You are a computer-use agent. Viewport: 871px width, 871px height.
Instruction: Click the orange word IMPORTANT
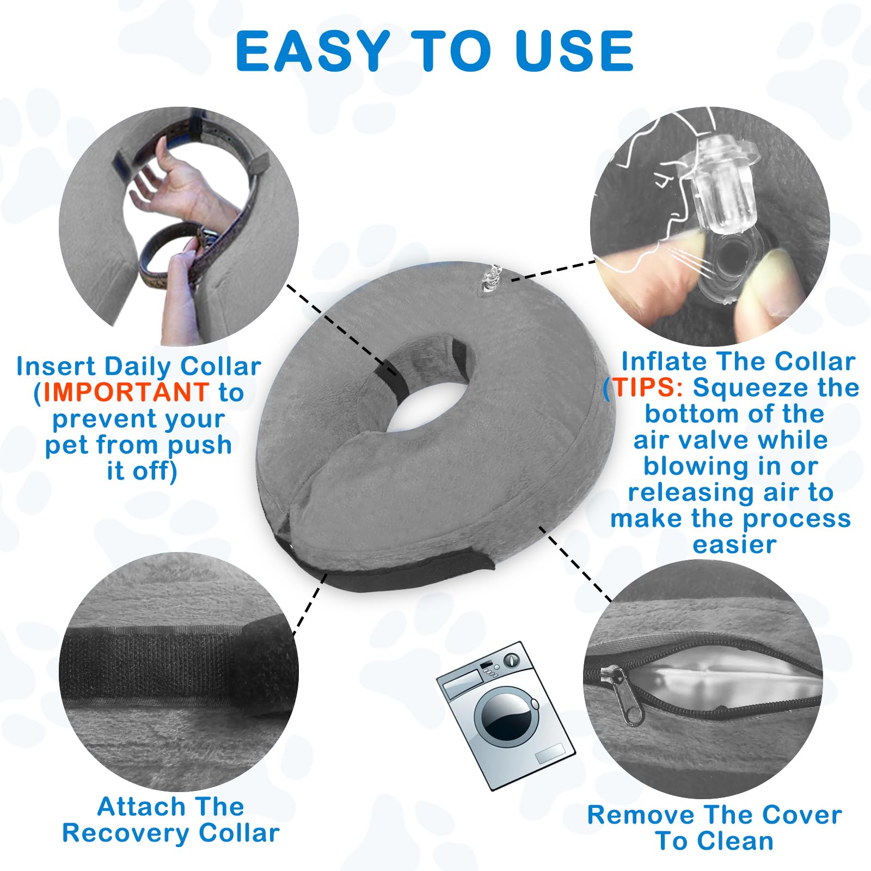pos(126,392)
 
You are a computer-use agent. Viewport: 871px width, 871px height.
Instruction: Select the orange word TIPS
pos(645,388)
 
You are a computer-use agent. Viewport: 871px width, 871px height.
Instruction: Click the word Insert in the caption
pos(56,366)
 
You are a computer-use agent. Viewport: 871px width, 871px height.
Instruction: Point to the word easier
pos(734,544)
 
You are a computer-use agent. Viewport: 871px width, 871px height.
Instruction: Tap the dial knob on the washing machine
pos(511,660)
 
